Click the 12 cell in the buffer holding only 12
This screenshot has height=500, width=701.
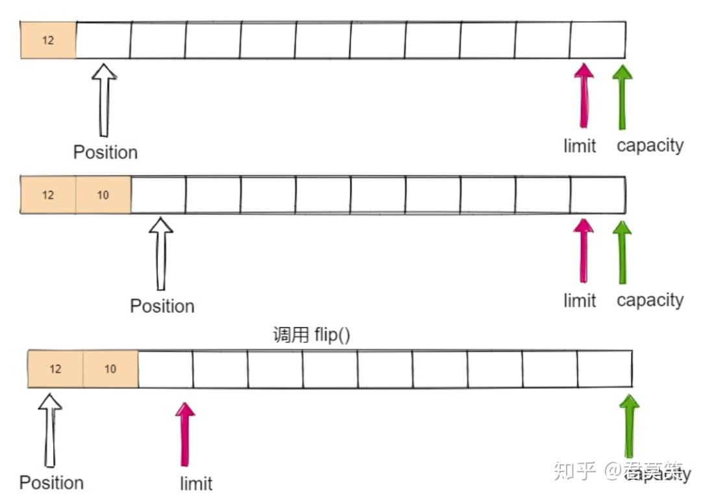pos(48,40)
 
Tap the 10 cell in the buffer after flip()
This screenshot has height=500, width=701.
pos(110,369)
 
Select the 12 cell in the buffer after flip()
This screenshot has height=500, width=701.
pos(55,369)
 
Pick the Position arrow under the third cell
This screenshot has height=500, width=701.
pos(160,253)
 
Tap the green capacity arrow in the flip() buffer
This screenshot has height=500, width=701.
pos(629,426)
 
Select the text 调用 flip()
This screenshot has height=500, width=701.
pos(311,336)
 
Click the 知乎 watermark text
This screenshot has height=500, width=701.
pos(574,471)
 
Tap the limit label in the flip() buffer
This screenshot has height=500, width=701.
pos(196,484)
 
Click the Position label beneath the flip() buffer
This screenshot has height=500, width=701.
pos(51,482)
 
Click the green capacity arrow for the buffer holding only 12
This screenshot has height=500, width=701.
pos(622,97)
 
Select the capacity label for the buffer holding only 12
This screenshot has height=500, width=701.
pos(650,145)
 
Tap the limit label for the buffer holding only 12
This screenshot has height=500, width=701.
pos(580,146)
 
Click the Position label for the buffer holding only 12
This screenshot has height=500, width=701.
pos(105,153)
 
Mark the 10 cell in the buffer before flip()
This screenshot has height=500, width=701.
pos(103,195)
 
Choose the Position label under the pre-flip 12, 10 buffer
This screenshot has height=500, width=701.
pos(162,306)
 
